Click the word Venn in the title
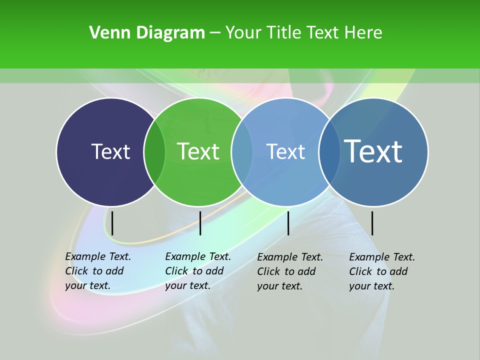(103, 33)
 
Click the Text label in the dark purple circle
(110, 151)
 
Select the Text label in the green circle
(198, 151)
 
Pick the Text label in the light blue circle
(285, 151)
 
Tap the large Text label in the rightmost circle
(373, 151)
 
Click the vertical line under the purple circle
(112, 223)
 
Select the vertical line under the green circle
(200, 223)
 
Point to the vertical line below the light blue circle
(288, 223)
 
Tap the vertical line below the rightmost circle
(372, 223)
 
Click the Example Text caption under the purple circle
(97, 271)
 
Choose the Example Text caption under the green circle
(197, 271)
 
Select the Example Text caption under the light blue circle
(289, 271)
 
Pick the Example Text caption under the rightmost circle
(381, 271)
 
